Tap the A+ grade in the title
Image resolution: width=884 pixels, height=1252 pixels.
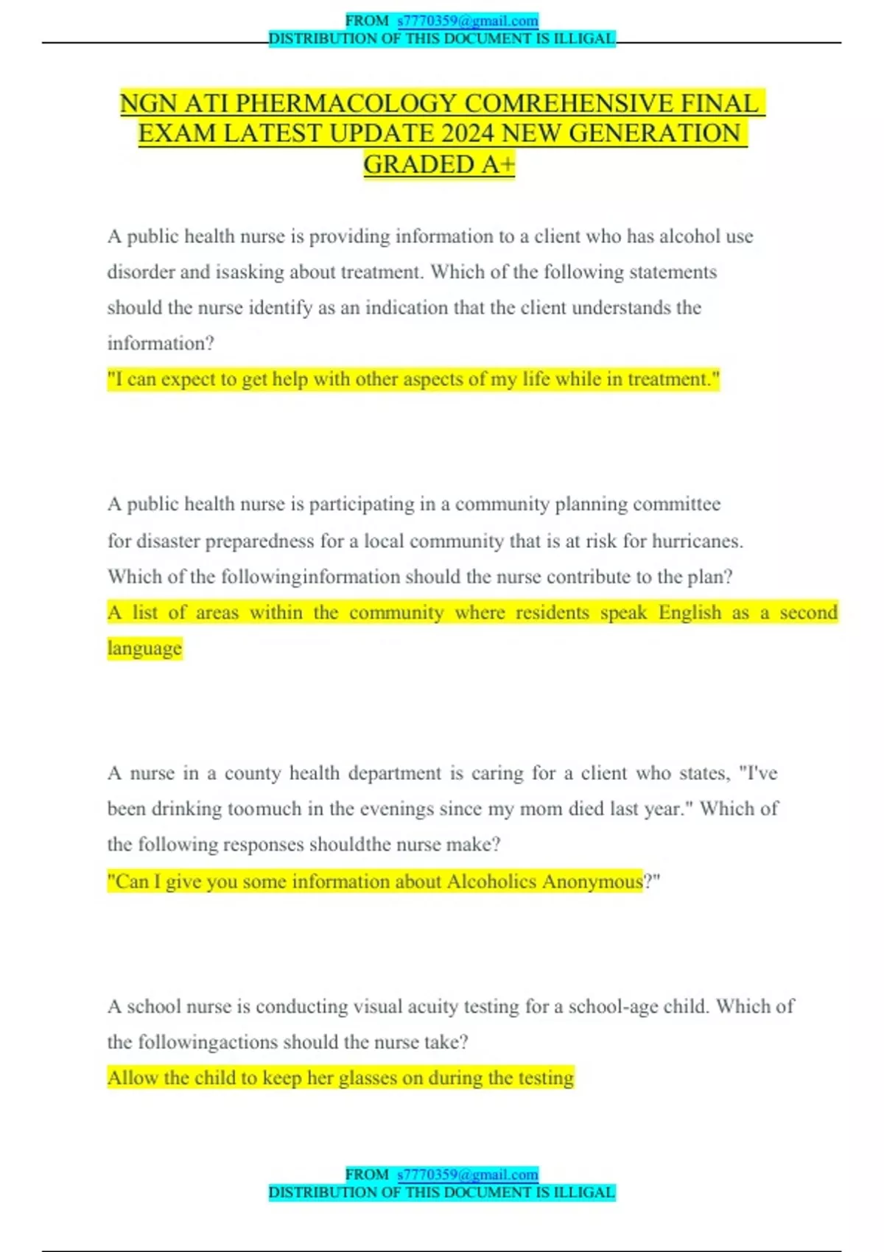click(x=498, y=164)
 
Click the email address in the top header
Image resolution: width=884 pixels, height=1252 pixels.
click(x=468, y=21)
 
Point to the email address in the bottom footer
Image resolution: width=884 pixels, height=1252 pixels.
click(x=468, y=1174)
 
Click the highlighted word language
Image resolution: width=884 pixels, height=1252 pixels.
click(x=144, y=648)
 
